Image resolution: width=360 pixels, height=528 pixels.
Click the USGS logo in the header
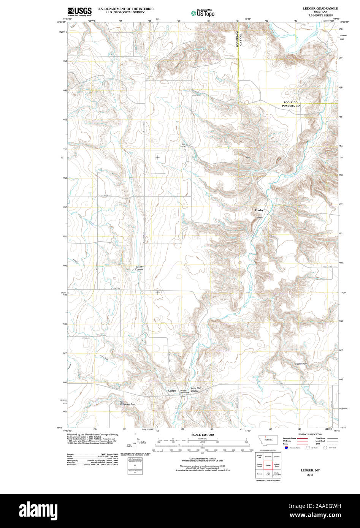(79, 11)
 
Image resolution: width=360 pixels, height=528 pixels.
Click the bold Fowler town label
(259, 210)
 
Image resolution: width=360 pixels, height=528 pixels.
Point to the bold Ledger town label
(172, 390)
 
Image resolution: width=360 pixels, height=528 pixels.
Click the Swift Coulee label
(140, 268)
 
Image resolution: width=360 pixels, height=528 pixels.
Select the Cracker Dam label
(300, 364)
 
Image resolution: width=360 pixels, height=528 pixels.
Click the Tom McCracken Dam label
(127, 403)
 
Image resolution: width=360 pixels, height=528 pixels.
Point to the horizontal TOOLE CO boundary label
(291, 103)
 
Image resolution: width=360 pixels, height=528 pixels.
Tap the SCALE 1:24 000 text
(203, 435)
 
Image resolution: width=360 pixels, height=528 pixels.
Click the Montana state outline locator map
(268, 439)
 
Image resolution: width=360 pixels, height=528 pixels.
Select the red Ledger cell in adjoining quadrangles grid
(268, 465)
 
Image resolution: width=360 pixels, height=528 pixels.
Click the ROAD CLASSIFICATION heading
(310, 434)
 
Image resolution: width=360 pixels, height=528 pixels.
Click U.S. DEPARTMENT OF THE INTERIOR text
(125, 8)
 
